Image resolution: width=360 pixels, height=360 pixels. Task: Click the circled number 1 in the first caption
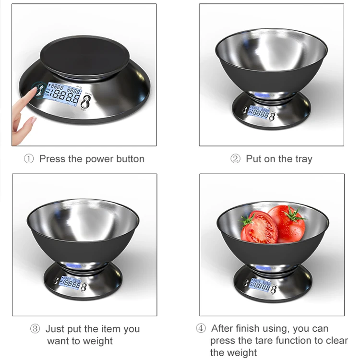[x=29, y=159]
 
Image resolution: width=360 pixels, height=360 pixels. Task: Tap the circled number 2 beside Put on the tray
[x=235, y=159]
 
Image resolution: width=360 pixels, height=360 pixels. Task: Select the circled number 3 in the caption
[x=35, y=329]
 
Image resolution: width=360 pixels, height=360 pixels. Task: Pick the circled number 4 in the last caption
[x=201, y=328]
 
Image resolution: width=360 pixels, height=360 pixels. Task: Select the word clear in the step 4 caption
[x=336, y=341]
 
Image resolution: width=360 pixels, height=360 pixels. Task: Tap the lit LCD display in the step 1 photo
[x=62, y=94]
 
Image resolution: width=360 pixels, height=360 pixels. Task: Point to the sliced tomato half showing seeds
[x=259, y=227]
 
